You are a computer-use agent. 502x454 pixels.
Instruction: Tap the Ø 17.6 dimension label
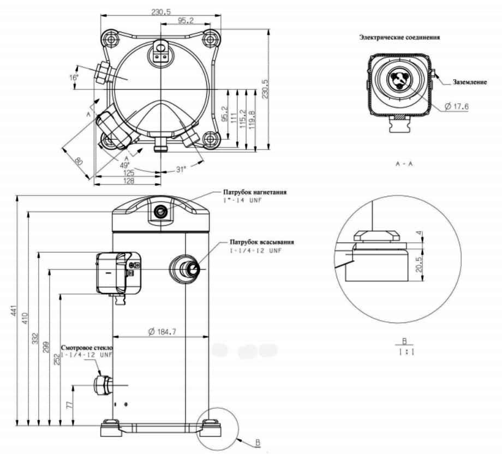(x=457, y=107)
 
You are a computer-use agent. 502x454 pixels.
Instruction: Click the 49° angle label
(x=124, y=165)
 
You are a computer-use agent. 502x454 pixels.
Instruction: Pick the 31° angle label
(x=180, y=169)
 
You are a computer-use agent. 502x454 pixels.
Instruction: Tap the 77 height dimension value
(x=70, y=406)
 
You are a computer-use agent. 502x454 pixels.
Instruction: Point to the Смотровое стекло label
(x=86, y=347)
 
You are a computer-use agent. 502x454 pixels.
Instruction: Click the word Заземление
(x=470, y=82)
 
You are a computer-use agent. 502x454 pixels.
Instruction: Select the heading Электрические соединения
(x=399, y=38)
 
